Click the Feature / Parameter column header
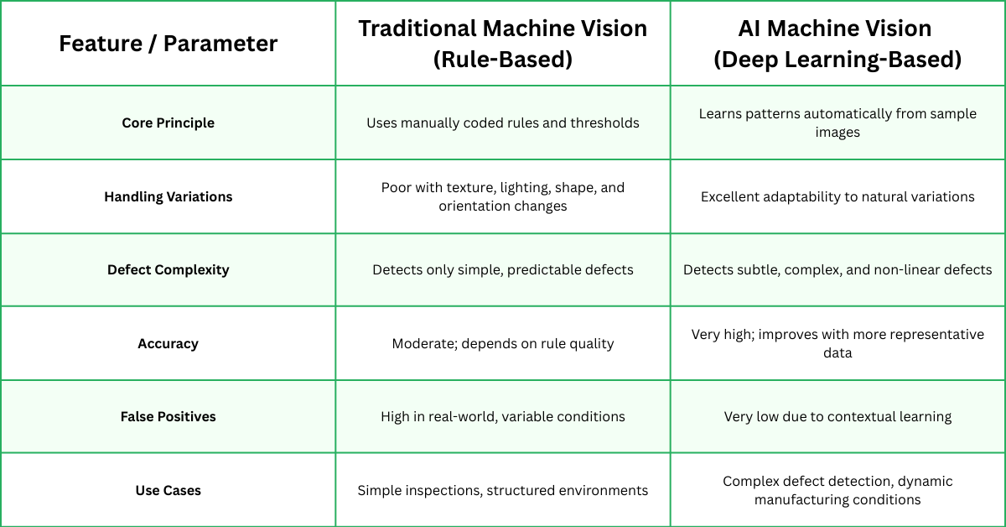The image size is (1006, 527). coord(168,44)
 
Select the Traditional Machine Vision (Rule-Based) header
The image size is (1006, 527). coord(503,44)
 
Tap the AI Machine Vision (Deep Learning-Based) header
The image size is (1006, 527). coord(837,44)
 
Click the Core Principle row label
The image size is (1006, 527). coord(168,123)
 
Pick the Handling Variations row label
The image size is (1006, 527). coord(168,196)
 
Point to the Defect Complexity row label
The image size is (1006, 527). coord(168,269)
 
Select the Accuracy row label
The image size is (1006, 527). coord(168,343)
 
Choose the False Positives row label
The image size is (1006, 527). coord(168,416)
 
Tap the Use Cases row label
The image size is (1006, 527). coord(168,490)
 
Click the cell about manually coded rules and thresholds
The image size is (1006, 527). coord(503,123)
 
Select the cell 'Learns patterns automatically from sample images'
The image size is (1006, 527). coord(837,123)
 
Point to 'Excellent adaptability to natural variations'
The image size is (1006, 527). coord(837,196)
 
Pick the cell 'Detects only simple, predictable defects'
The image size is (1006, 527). coord(503,269)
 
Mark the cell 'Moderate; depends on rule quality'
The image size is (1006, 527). coord(503,343)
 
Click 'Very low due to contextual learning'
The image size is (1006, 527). coord(837,416)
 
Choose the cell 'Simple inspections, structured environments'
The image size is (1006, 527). coord(503,490)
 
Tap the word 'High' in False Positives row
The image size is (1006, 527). coord(397,416)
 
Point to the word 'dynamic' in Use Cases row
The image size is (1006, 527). coord(926,482)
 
